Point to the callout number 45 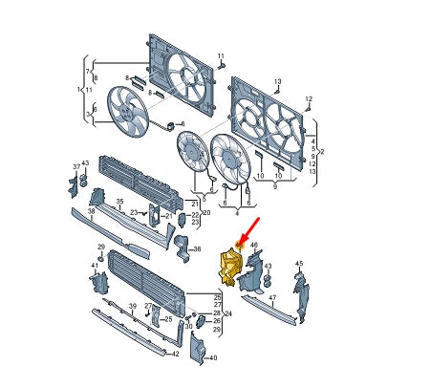(298, 263)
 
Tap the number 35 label (120, 202)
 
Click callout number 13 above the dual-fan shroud (278, 81)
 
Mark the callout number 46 (254, 246)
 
